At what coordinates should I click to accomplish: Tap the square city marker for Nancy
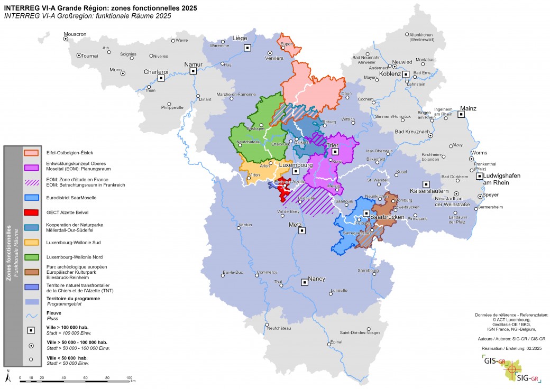click(x=304, y=282)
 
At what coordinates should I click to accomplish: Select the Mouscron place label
click(x=75, y=34)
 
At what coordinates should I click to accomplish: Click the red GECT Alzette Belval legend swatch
click(x=32, y=212)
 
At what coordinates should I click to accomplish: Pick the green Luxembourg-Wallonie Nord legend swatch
click(x=32, y=257)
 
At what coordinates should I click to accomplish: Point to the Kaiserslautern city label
click(x=429, y=190)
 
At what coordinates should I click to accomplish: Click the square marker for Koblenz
click(x=406, y=75)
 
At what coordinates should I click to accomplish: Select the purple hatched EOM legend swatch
click(x=32, y=182)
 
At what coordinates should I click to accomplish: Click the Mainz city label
click(x=467, y=108)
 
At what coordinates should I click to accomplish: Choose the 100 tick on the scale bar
click(x=129, y=377)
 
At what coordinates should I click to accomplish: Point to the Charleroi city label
click(x=156, y=71)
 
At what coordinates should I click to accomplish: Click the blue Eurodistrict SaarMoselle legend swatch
click(x=32, y=198)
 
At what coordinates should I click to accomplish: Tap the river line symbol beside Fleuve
click(x=32, y=316)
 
